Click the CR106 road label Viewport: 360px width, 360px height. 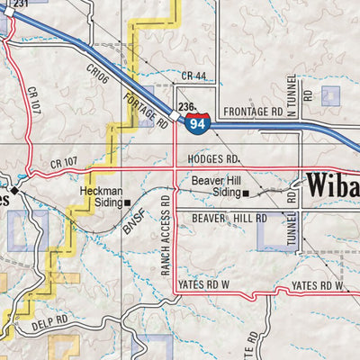pyautogui.click(x=98, y=76)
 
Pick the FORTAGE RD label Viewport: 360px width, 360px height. pyautogui.click(x=146, y=111)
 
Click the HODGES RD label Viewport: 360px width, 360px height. pyautogui.click(x=214, y=157)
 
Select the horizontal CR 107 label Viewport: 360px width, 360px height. pyautogui.click(x=66, y=163)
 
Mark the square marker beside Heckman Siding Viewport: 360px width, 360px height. pyautogui.click(x=128, y=202)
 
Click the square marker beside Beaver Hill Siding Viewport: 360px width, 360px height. pyautogui.click(x=245, y=193)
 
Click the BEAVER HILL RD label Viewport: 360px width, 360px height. pyautogui.click(x=229, y=218)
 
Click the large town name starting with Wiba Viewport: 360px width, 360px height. pyautogui.click(x=333, y=186)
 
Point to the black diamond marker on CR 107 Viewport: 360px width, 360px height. pyautogui.click(x=14, y=190)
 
